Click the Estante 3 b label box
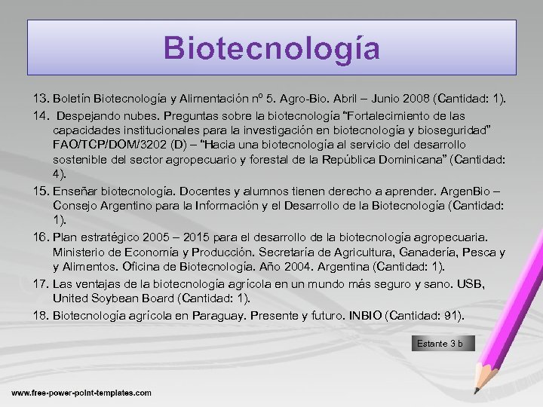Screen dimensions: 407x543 444,344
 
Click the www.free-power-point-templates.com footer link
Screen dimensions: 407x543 81,393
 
